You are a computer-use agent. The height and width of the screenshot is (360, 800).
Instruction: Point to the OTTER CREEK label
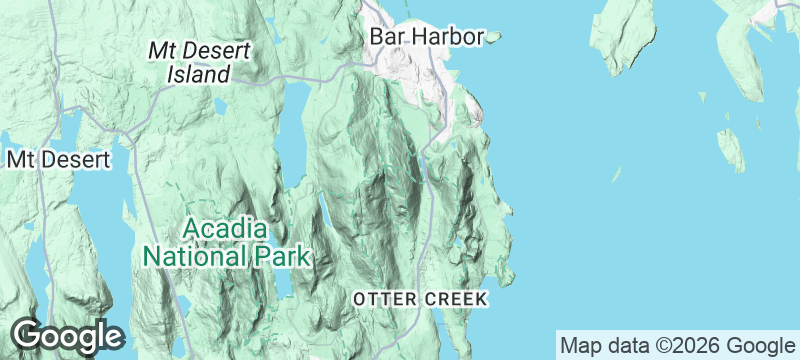coord(419,299)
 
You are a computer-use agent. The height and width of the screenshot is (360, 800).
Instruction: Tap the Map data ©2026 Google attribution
coord(675,345)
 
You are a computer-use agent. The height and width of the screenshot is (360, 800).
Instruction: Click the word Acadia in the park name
coord(225,227)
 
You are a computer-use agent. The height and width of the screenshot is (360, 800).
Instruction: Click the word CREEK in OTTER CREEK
coord(455,299)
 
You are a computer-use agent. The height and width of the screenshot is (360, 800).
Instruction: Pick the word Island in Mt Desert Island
coord(198,74)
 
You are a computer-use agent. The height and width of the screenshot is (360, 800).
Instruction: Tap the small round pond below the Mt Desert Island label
coord(218,105)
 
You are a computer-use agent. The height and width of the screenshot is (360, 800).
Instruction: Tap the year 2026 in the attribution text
coord(688,345)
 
